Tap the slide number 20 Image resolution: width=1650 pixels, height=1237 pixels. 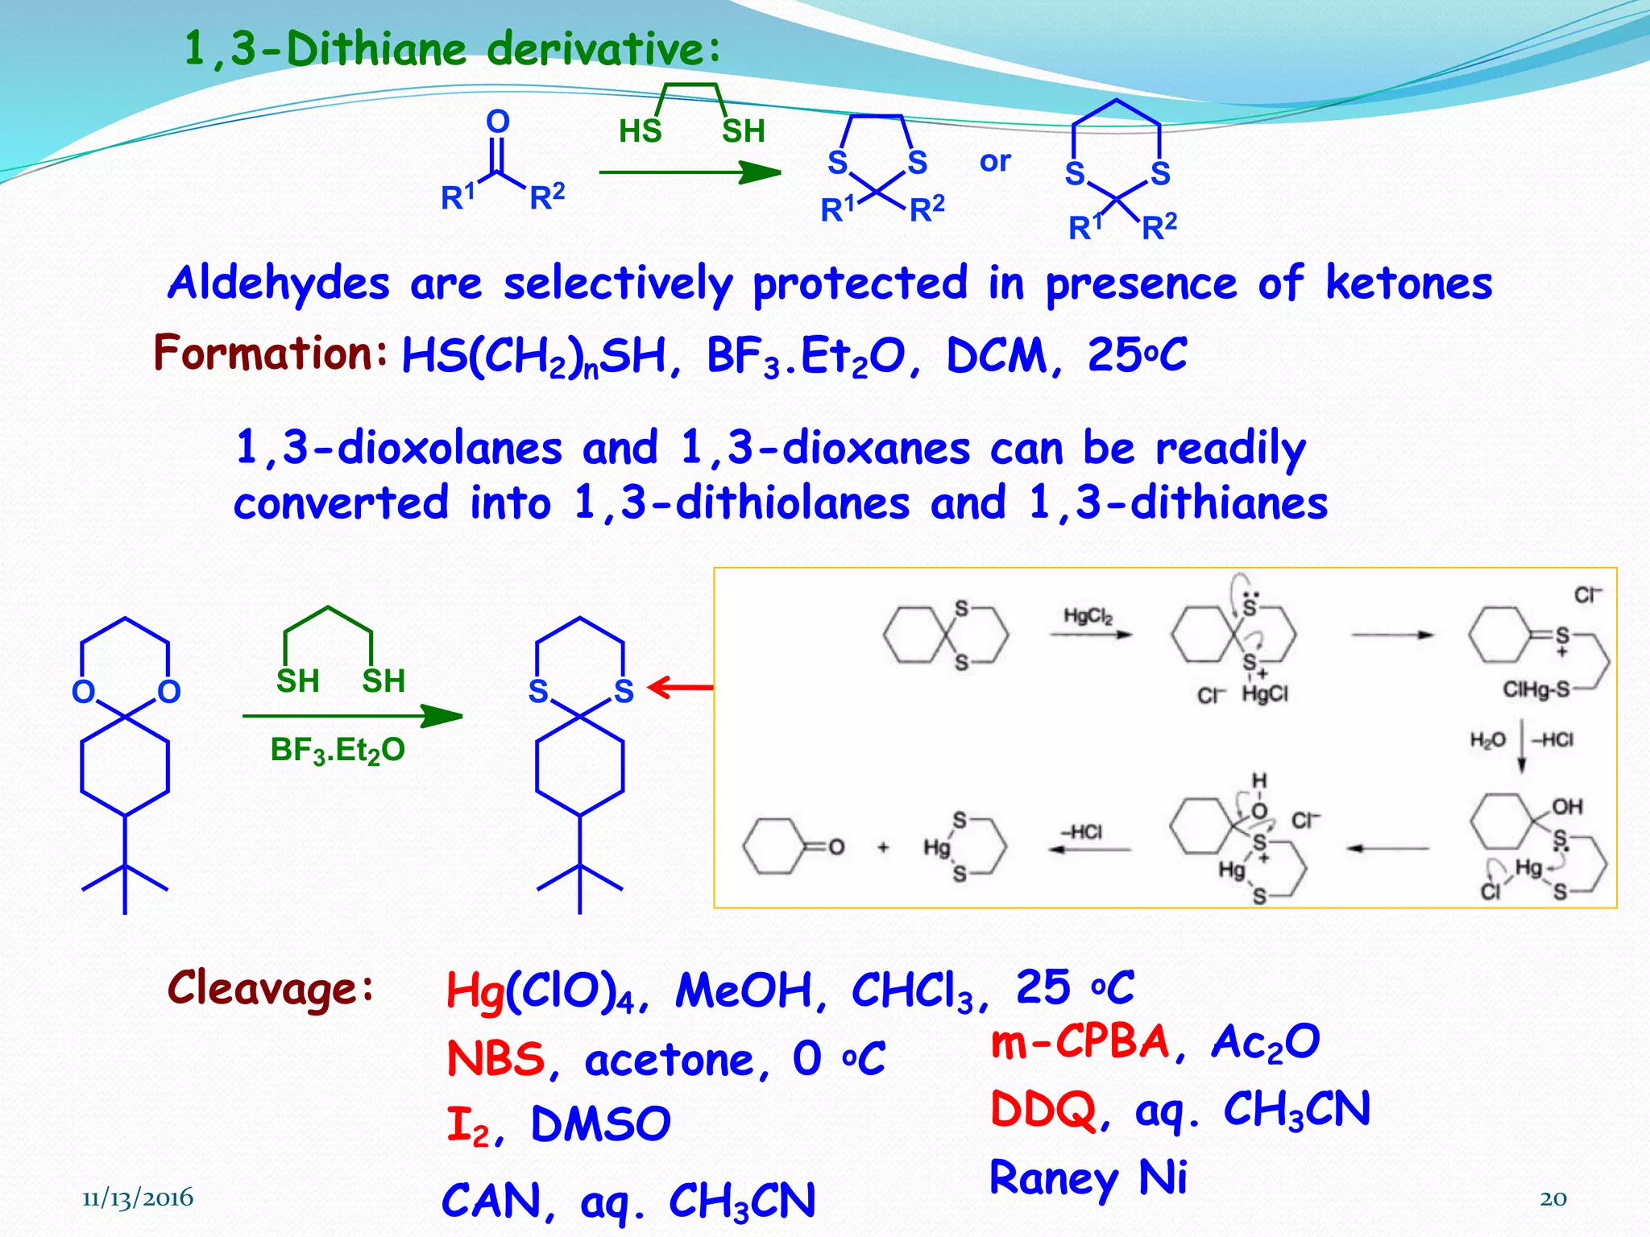coord(1553,1198)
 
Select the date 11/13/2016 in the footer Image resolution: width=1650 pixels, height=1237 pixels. coord(138,1198)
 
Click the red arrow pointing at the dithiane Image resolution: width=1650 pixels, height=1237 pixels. coord(681,688)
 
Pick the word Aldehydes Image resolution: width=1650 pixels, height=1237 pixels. coord(279,283)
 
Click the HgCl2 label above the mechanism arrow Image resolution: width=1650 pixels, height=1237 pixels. coord(1088,616)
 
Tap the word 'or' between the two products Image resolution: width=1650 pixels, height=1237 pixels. coord(995,162)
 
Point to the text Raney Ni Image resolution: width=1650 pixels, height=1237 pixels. coord(1088,1178)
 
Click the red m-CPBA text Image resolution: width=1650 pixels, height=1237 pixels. coord(1080,1041)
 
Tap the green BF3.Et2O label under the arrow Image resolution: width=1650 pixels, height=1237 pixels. coord(338,751)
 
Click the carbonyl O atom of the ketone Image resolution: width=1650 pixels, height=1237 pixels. coord(498,122)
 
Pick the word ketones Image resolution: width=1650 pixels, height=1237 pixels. coord(1409,283)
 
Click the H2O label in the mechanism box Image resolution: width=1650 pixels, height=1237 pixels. coord(1487,740)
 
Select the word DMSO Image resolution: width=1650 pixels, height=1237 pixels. coord(601,1124)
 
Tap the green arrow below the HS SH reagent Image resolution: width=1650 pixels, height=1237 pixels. coord(690,172)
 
